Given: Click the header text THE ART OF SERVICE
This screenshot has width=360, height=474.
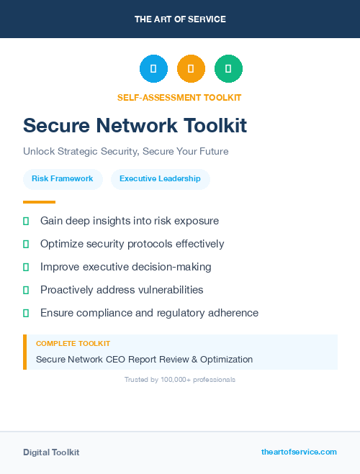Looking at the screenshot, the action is coord(180,19).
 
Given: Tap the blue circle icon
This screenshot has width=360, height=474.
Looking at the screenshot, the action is coord(153,69).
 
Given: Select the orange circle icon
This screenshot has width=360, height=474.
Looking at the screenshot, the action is coord(191,69).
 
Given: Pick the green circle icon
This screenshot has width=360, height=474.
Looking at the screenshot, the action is coord(228,69).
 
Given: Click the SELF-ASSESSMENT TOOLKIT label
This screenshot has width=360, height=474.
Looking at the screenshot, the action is coord(179,98).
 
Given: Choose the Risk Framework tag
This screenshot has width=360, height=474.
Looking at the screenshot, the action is coord(63,179).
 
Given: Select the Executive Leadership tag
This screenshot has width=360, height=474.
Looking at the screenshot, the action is coord(160,179).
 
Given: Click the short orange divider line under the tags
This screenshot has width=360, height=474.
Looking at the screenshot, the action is coord(39,202).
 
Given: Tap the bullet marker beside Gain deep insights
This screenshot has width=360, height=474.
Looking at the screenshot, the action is coord(26,221).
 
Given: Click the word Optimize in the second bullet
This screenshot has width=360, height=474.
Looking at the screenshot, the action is coord(62,244).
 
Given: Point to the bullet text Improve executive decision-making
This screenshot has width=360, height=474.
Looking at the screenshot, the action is coord(125,267).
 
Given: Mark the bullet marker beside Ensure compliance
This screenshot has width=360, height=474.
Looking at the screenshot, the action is coord(26,313).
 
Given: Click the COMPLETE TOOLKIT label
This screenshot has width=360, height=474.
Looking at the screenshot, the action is coord(73,344).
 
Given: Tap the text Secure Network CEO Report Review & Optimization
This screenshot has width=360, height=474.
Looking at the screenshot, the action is coord(144,359).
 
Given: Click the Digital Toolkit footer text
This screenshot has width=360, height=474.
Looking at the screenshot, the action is coord(51,452).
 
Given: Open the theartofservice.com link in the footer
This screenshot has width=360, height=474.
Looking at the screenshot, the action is coord(299,452).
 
